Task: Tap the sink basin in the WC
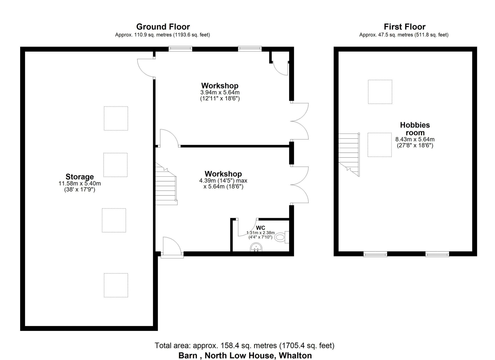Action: pyautogui.click(x=256, y=248)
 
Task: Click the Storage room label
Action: pyautogui.click(x=80, y=177)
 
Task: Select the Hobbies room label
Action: pyautogui.click(x=415, y=129)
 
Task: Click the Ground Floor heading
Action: pyautogui.click(x=163, y=27)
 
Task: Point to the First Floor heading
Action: pyautogui.click(x=405, y=27)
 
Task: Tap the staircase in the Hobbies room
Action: pyautogui.click(x=349, y=154)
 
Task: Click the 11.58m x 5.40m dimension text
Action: pyautogui.click(x=80, y=184)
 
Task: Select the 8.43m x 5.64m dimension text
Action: pyautogui.click(x=415, y=139)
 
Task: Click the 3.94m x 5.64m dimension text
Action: pyautogui.click(x=220, y=92)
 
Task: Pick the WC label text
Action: pyautogui.click(x=260, y=228)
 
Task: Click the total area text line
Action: pyautogui.click(x=244, y=345)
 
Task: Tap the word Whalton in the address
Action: pyautogui.click(x=295, y=355)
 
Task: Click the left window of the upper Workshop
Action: pyautogui.click(x=180, y=48)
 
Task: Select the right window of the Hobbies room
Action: pyautogui.click(x=437, y=254)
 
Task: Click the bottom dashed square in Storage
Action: pyautogui.click(x=116, y=285)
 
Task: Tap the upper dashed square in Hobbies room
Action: pyautogui.click(x=380, y=92)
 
